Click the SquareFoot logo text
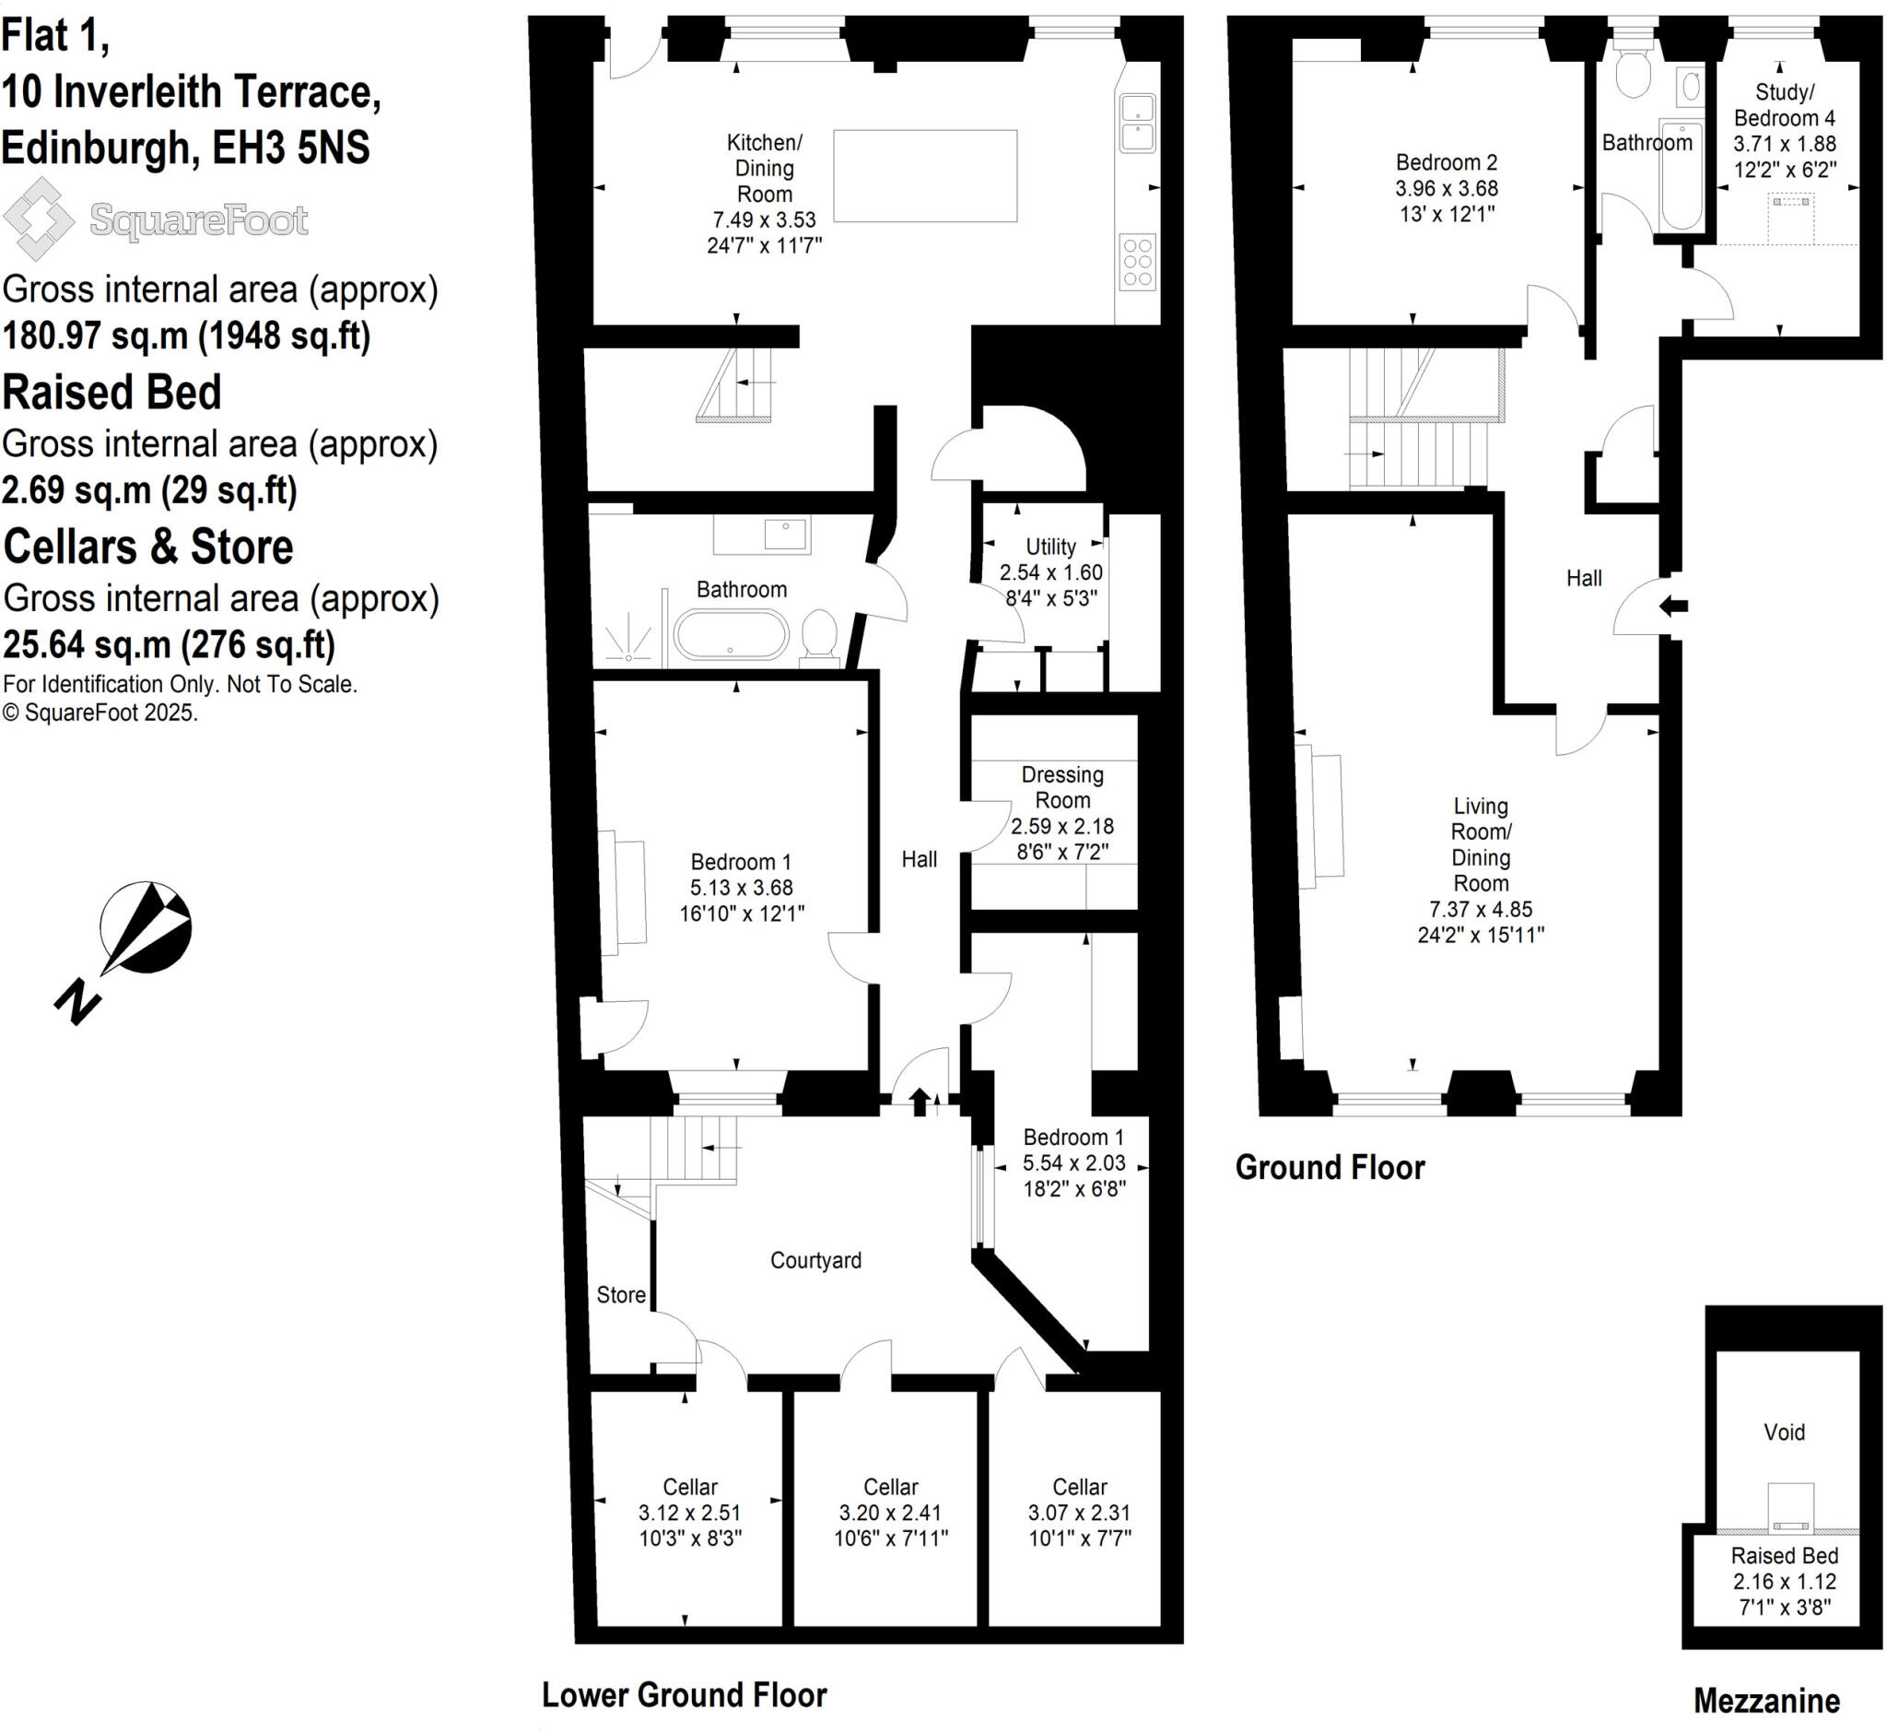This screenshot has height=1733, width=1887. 199,220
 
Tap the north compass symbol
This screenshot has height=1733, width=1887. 146,928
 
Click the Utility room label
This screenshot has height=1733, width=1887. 1049,547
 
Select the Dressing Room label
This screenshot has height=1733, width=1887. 1062,788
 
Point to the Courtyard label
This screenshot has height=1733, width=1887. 815,1260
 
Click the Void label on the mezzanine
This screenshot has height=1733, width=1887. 1784,1432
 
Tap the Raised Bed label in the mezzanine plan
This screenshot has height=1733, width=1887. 1784,1556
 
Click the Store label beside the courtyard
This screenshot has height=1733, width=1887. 621,1295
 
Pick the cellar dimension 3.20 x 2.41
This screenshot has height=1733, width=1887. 891,1513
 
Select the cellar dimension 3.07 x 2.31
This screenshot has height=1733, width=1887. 1079,1513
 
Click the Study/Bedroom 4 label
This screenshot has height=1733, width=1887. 1784,105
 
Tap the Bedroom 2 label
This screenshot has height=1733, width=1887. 1447,162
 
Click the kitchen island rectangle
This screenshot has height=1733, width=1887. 925,176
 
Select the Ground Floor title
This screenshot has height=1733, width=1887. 1330,1168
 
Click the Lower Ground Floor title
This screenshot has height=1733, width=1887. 685,1694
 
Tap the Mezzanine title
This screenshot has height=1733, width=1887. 1766,1700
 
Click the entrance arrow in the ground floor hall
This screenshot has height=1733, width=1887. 1673,606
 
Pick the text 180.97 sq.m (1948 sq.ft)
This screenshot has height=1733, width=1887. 186,336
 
